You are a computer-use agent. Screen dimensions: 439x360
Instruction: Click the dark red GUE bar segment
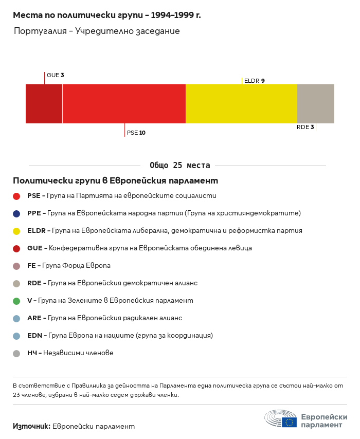point(44,104)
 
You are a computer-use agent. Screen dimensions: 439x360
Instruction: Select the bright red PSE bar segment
point(124,104)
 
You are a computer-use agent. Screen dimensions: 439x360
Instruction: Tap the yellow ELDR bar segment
point(241,104)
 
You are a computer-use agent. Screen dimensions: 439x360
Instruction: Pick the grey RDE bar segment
point(315,104)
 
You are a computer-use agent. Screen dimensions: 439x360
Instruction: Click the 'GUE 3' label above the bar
point(55,75)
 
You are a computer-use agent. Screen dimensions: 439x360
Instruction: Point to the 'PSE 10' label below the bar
point(136,133)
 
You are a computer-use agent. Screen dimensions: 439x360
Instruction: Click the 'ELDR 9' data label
point(254,81)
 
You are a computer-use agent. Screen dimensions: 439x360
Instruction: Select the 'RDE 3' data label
point(305,127)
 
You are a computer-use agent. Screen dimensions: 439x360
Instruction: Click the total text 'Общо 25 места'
point(179,166)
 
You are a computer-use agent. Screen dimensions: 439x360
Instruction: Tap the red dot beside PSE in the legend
point(16,196)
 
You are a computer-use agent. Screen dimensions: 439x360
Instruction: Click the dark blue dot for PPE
point(16,213)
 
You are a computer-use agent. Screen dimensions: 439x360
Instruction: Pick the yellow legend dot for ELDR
point(16,231)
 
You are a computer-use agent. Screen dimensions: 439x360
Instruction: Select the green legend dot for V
point(16,301)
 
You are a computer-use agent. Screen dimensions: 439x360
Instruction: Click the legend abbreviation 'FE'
point(31,266)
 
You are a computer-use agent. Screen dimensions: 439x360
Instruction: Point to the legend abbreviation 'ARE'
point(33,318)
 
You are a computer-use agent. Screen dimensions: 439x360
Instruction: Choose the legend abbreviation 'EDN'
point(34,336)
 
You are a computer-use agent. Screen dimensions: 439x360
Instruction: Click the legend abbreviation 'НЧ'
point(32,353)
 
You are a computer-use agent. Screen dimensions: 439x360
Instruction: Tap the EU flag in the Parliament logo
point(289,422)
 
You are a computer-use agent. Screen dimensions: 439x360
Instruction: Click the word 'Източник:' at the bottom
point(31,426)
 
